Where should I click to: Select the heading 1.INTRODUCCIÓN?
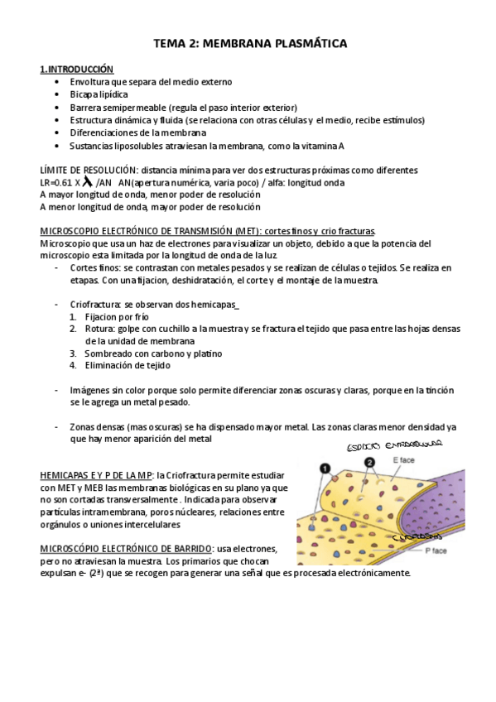77,70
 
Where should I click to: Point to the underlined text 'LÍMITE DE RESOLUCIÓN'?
89,171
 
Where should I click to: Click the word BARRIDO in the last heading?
187,549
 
